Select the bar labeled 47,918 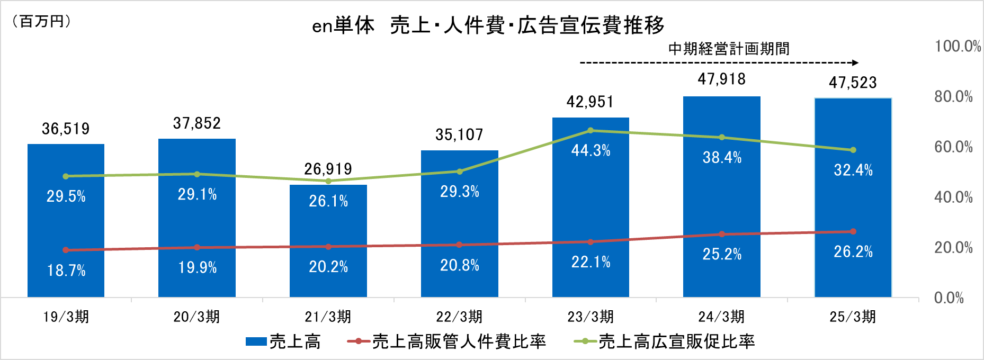721,196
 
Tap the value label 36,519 66,129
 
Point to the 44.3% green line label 591,151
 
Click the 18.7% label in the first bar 66,271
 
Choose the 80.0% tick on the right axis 953,96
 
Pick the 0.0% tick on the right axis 949,298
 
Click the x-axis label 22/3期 459,317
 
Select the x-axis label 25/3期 853,317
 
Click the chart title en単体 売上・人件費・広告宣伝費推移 488,25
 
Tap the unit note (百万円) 41,21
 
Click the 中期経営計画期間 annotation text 729,49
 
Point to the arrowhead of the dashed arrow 855,63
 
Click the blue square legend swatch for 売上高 256,342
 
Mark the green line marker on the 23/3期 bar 591,130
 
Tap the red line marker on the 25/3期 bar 853,231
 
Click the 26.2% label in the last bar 853,251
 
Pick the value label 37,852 196,123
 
